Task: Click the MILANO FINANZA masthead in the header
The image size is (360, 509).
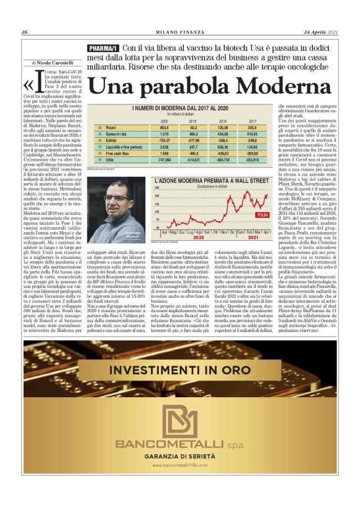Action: tap(179, 32)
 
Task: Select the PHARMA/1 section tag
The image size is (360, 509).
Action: tap(102, 48)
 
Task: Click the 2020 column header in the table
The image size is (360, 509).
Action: tap(164, 120)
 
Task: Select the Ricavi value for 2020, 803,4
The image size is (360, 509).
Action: tap(164, 126)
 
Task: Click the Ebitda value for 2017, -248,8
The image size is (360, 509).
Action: tap(251, 140)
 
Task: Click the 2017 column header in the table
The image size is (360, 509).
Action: tap(252, 120)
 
